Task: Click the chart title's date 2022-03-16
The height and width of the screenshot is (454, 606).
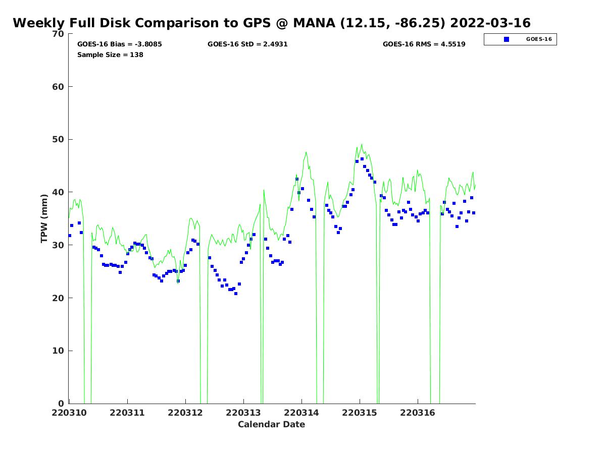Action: point(490,23)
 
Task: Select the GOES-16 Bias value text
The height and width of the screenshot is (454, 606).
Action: point(120,44)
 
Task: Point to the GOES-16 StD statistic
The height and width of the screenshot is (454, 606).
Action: point(247,44)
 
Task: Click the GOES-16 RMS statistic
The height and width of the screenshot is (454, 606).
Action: point(424,44)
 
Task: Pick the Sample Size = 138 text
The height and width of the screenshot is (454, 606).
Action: point(110,54)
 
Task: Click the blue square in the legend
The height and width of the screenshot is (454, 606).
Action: point(507,39)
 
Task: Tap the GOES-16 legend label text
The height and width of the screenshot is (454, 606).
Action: point(539,39)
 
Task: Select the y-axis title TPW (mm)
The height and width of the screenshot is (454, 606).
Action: point(44,218)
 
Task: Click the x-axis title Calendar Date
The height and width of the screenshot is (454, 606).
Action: point(272,425)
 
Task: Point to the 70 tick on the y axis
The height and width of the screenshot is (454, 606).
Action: point(58,34)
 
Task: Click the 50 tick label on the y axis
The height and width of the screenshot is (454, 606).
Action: point(58,140)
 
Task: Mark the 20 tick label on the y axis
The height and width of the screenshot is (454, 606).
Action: point(58,298)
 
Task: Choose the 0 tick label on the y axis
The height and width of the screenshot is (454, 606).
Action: point(61,404)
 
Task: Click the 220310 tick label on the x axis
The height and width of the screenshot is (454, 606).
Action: point(70,413)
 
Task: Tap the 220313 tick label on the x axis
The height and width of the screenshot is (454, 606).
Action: point(243,413)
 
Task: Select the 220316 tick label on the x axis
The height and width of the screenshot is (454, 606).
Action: point(418,413)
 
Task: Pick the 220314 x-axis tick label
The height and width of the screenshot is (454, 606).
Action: point(301,413)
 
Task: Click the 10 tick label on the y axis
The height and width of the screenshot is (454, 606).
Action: point(58,351)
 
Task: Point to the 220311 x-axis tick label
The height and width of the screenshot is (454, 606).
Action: point(128,413)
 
